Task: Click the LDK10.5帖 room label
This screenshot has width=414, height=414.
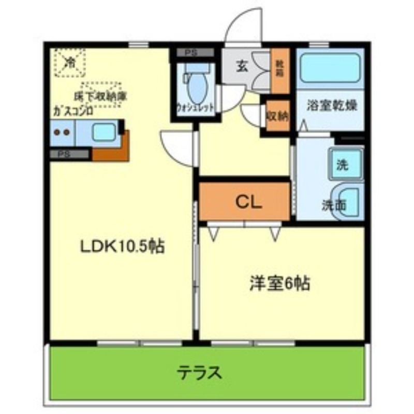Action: pyautogui.click(x=122, y=247)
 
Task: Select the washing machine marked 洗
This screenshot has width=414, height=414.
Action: pyautogui.click(x=342, y=165)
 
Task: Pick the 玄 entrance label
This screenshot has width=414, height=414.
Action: pyautogui.click(x=242, y=66)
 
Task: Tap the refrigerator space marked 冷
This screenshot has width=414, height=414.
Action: pyautogui.click(x=69, y=63)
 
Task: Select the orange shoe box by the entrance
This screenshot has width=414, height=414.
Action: pyautogui.click(x=280, y=70)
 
